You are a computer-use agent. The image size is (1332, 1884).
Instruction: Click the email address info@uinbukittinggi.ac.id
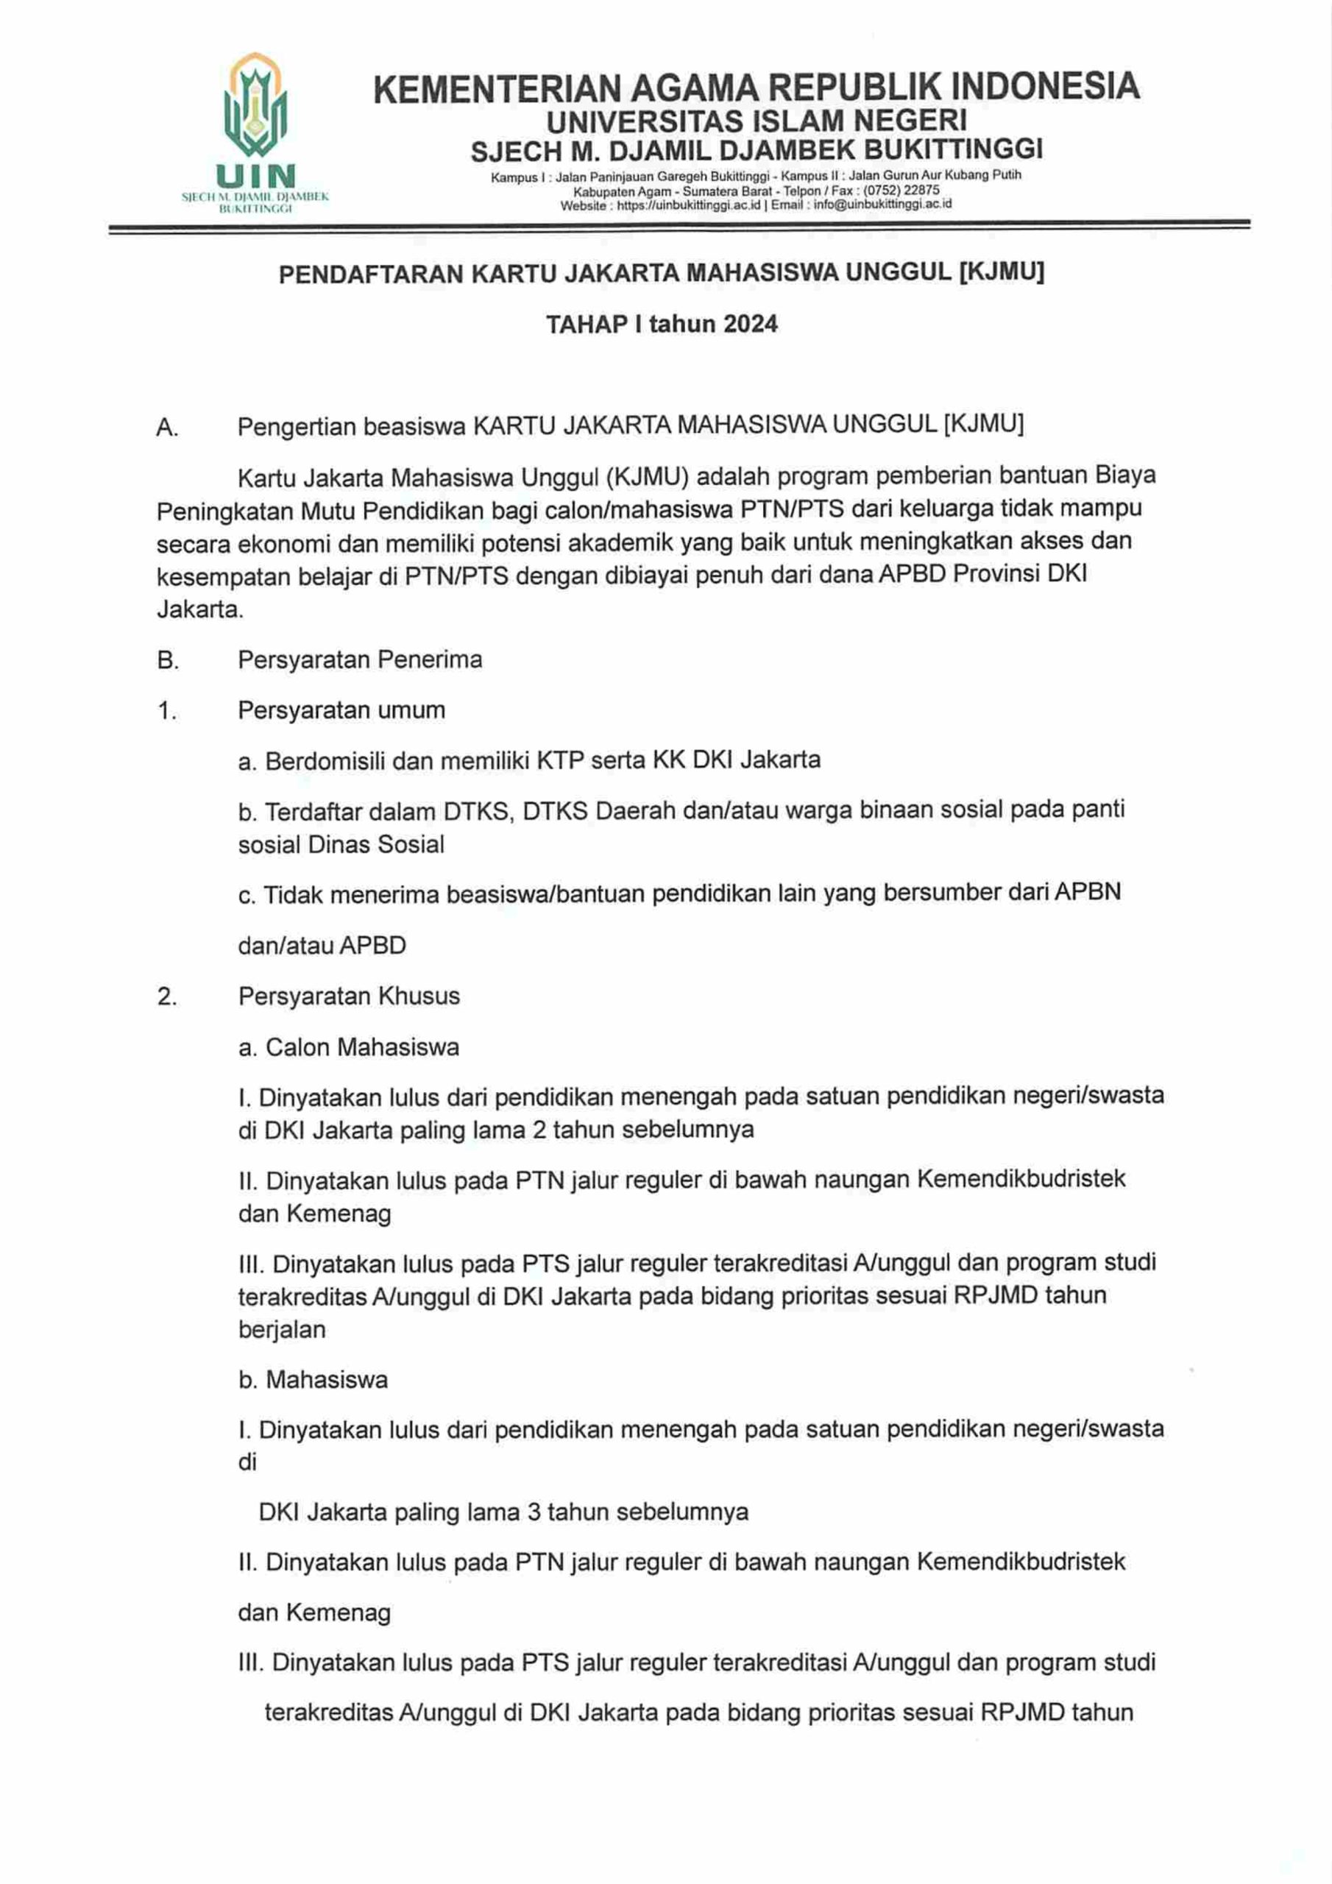(882, 205)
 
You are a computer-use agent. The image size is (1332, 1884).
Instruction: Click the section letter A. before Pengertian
(168, 427)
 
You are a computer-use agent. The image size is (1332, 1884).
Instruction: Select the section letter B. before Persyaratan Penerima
(168, 659)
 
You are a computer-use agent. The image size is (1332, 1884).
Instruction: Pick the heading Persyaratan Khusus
(349, 996)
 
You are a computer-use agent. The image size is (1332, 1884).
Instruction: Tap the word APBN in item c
(1088, 892)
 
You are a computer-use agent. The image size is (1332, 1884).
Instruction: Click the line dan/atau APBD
(322, 945)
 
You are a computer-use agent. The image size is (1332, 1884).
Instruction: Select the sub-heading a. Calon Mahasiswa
(349, 1047)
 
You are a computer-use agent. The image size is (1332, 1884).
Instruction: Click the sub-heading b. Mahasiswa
(313, 1379)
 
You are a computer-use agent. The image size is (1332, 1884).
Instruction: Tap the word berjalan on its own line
(282, 1329)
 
